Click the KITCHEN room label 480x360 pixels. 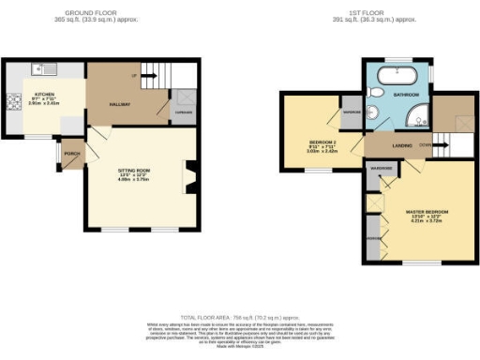44,95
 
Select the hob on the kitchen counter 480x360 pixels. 13,102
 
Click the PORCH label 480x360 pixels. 70,152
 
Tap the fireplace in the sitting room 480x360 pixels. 190,177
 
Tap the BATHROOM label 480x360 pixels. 406,95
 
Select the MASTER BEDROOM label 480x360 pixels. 426,210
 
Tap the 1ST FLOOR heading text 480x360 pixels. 379,12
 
